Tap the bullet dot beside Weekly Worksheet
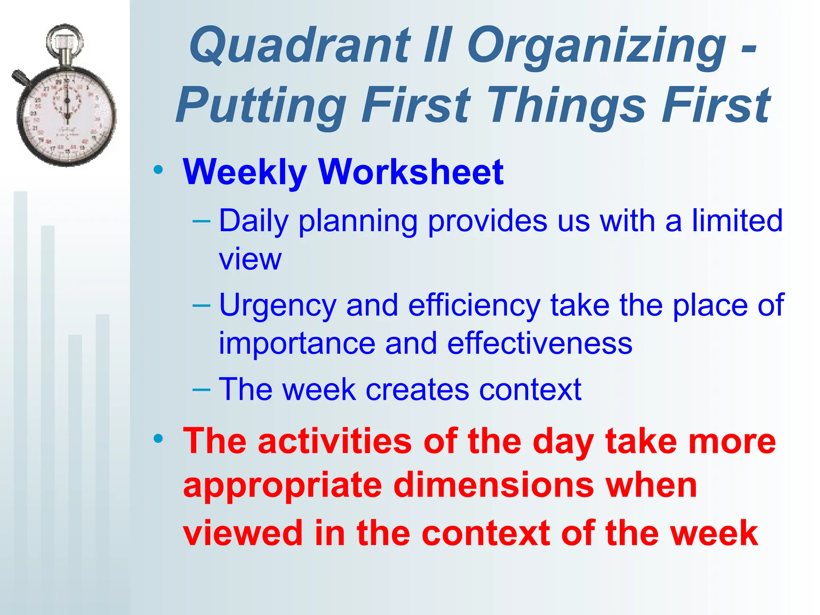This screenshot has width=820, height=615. (159, 170)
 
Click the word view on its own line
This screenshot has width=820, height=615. (250, 259)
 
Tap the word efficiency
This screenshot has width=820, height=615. (474, 305)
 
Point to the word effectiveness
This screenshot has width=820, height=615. (539, 344)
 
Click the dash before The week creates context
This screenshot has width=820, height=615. (201, 389)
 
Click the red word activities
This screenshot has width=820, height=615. (335, 441)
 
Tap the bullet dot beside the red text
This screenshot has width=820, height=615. (159, 438)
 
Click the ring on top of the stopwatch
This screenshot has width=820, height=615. (65, 39)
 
